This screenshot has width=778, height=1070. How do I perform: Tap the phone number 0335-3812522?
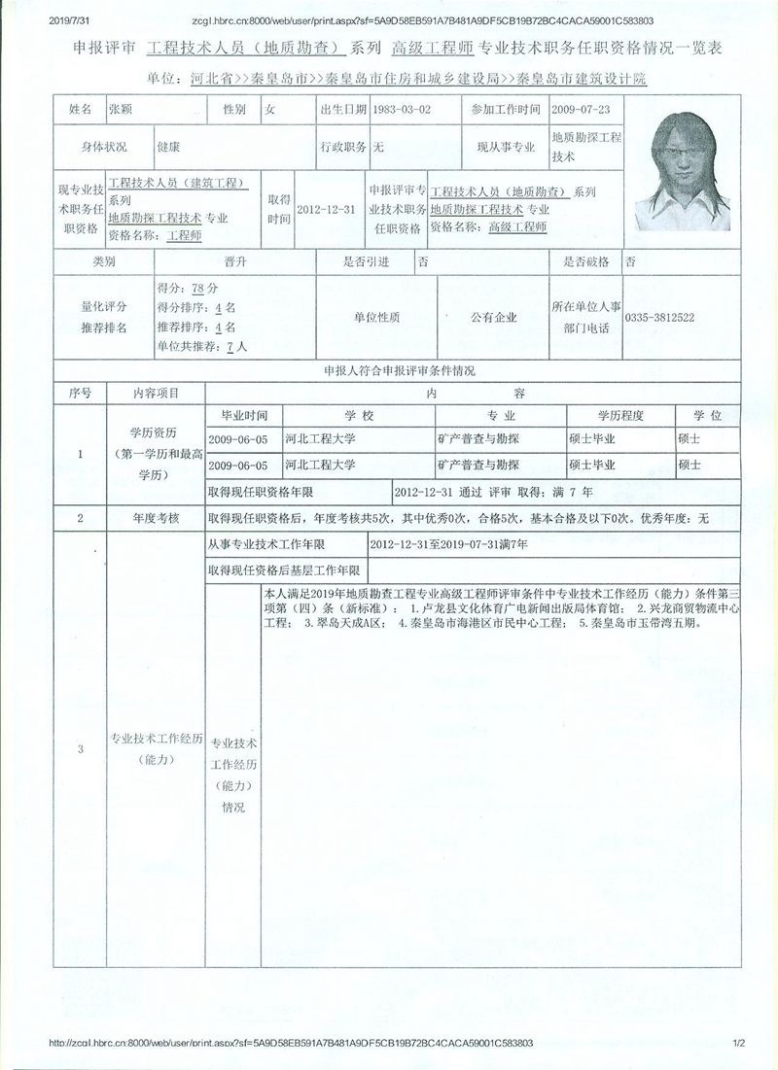click(659, 318)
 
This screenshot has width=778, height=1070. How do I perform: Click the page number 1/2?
click(737, 1043)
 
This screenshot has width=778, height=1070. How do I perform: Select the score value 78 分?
click(204, 289)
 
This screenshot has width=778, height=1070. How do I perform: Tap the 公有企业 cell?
click(493, 318)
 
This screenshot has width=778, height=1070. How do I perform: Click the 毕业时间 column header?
click(244, 416)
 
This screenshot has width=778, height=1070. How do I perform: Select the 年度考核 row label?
click(157, 519)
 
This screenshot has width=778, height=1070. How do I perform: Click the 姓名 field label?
click(80, 111)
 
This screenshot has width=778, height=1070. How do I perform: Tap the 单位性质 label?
click(375, 318)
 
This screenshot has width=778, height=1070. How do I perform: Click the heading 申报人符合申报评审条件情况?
click(392, 371)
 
